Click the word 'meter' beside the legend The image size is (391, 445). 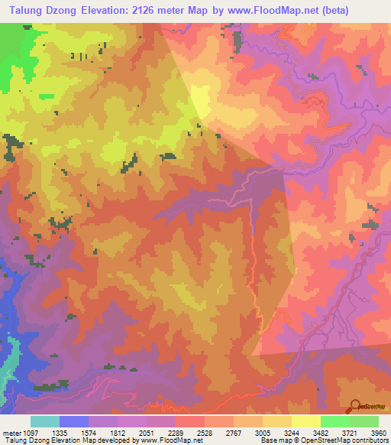pos(11,431)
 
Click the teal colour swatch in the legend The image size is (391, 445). pos(44,421)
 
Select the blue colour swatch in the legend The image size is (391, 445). pos(73,421)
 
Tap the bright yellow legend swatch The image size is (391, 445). pos(305,421)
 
